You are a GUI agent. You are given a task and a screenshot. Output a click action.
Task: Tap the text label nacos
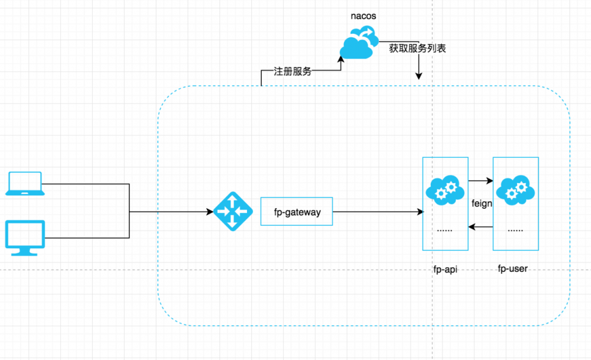point(363,15)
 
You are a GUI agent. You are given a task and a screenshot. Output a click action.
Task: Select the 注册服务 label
point(293,72)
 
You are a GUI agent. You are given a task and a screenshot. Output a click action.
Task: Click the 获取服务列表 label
point(417,48)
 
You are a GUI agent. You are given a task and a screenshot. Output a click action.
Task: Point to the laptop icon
point(24,183)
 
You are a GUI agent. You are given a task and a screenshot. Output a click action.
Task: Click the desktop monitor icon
point(25,238)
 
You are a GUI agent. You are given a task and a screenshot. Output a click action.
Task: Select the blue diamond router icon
point(231,211)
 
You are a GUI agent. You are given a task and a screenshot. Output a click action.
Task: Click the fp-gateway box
point(297,211)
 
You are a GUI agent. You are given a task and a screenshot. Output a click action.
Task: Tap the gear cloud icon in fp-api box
point(444,190)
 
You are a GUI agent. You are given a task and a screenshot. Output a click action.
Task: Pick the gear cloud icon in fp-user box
point(515,190)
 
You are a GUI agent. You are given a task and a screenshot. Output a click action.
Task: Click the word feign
point(482,203)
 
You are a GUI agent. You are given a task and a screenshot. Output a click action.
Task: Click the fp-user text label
point(513,269)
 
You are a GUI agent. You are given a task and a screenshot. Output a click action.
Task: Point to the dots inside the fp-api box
point(444,229)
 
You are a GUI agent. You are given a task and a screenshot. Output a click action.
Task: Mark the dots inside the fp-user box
point(515,229)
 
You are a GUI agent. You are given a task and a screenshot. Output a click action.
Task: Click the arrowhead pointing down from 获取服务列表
point(419,76)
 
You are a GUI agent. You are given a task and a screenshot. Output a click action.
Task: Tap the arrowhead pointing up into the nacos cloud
point(341,57)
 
